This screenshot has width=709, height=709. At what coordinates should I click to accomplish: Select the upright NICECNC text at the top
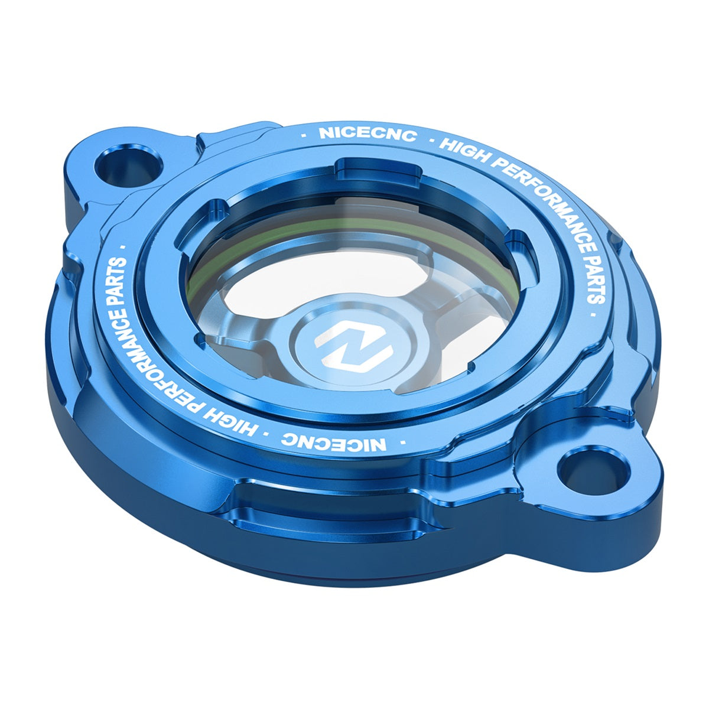click(367, 134)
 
